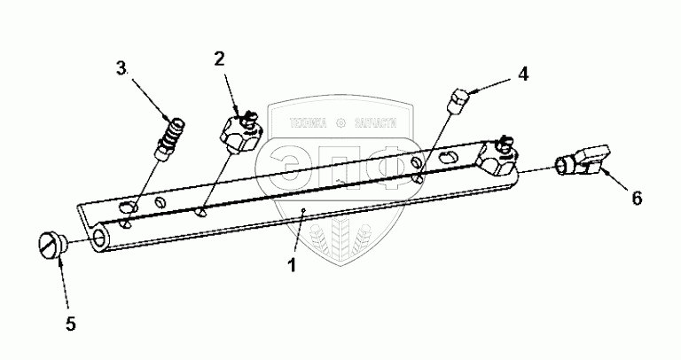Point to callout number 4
[523, 74]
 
